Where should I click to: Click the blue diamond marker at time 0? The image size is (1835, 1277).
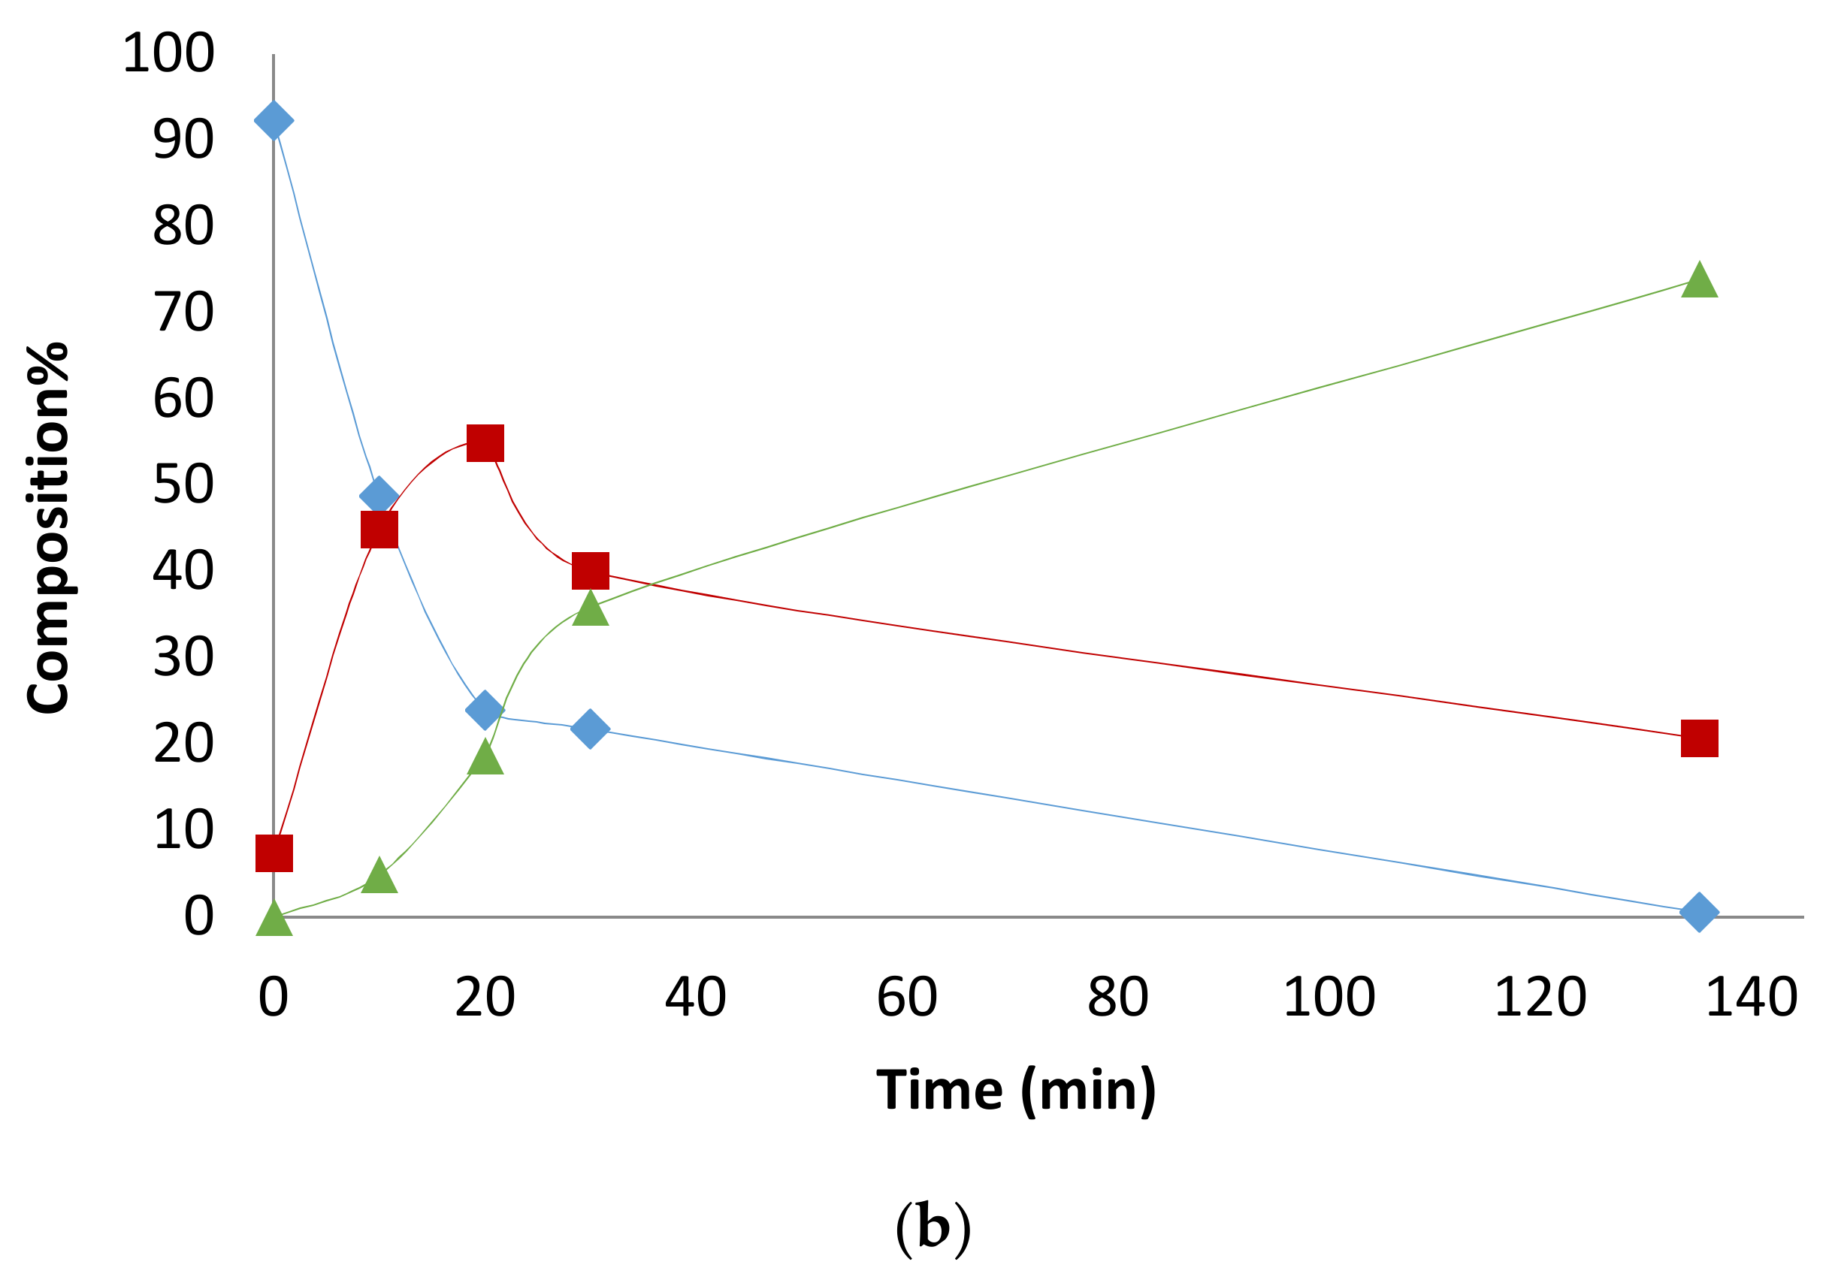(274, 121)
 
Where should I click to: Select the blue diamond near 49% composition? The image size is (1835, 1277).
(379, 497)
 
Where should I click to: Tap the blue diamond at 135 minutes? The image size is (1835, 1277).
(1699, 912)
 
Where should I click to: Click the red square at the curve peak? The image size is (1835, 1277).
(485, 443)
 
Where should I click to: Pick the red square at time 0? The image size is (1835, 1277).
(274, 853)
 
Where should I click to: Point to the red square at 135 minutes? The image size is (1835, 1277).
(1699, 738)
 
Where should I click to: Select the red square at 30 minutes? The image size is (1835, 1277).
(591, 571)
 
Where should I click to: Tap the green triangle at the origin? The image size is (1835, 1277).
(274, 921)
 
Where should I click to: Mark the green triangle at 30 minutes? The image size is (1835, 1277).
(591, 610)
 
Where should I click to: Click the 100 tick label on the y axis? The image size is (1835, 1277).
(168, 53)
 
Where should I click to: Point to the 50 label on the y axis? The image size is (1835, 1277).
(184, 485)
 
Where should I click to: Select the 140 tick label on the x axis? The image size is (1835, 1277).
(1751, 998)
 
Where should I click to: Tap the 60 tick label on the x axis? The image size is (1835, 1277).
(906, 998)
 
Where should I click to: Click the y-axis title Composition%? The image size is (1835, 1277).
(48, 528)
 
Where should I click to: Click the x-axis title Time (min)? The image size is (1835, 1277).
(1016, 1091)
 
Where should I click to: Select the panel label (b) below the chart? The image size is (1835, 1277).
(933, 1227)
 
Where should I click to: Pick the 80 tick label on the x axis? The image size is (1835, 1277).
(1117, 998)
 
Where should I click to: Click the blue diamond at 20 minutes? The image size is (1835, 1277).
(485, 710)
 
